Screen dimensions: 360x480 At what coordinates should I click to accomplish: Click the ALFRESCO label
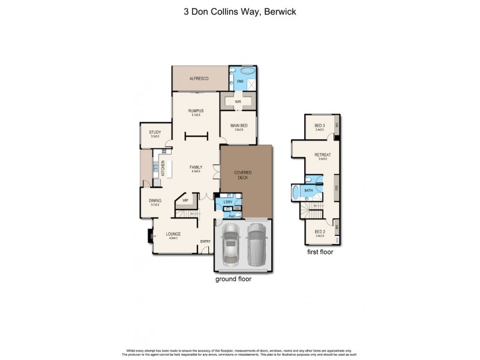coord(199,79)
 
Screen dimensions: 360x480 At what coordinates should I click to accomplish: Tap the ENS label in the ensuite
coord(240,80)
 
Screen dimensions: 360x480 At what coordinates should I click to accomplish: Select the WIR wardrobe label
coord(238,102)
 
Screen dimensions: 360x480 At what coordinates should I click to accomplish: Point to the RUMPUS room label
coord(196,111)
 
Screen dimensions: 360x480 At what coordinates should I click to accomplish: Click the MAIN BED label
coord(238,125)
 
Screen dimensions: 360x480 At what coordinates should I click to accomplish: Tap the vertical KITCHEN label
coord(163,169)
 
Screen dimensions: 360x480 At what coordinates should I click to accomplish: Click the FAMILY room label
coord(196,167)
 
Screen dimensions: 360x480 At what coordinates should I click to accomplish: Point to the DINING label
coord(155,201)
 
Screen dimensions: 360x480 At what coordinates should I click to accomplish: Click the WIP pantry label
coord(186,200)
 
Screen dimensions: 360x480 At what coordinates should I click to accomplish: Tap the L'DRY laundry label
coord(227,202)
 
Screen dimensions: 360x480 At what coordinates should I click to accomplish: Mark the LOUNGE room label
coord(173,233)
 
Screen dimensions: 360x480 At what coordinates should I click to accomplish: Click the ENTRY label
coord(205,241)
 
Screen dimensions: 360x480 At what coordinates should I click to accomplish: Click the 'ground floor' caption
coord(233,279)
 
